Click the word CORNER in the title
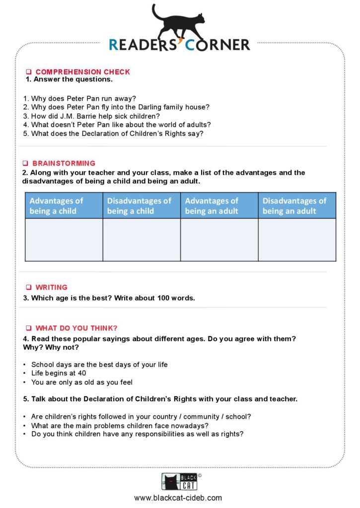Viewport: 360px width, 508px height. (218, 45)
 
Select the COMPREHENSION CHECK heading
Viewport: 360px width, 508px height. (82, 72)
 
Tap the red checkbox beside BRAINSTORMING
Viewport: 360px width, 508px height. (25, 163)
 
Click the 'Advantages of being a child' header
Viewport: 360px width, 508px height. (64, 206)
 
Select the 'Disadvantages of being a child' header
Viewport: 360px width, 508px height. (141, 206)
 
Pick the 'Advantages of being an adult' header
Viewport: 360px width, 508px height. (219, 206)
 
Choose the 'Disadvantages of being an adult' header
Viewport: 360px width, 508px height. (296, 206)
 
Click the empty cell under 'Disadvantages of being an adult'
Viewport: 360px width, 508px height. (296, 240)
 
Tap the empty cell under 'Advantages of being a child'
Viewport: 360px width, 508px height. (64, 240)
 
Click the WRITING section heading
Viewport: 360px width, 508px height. (51, 287)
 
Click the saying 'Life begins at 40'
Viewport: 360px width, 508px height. (59, 373)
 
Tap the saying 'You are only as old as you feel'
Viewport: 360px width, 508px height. (81, 382)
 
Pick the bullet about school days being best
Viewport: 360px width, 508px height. (99, 365)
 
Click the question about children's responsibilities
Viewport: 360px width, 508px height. (137, 434)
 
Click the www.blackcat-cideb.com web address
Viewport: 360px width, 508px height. (178, 498)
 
